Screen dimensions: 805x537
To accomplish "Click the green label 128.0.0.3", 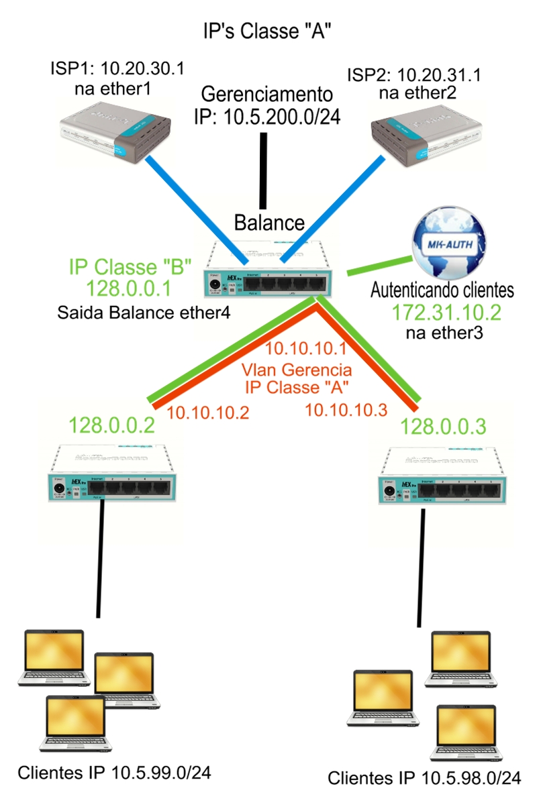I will (x=443, y=425).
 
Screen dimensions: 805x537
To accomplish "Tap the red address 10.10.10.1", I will (x=305, y=350).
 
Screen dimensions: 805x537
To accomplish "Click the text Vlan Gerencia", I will (x=297, y=369).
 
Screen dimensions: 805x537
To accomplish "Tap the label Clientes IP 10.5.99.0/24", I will (x=115, y=773).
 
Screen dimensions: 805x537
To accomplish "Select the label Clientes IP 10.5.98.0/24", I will (x=424, y=778).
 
